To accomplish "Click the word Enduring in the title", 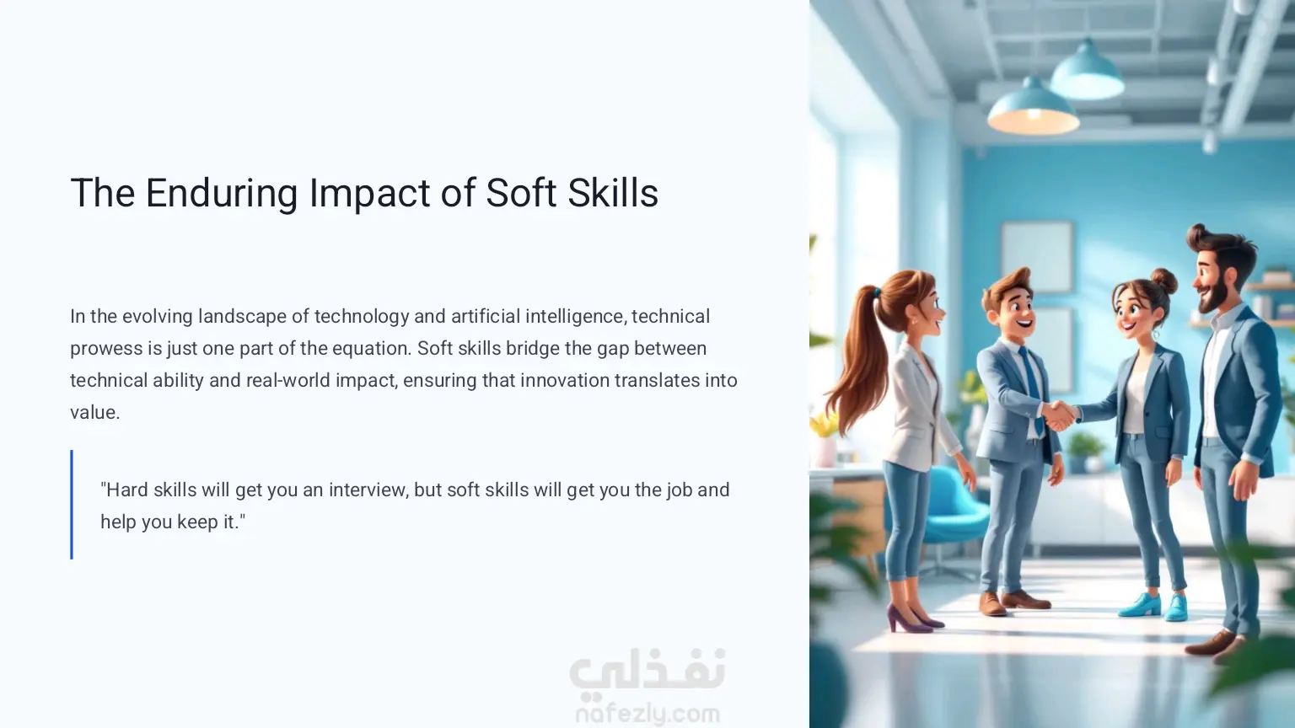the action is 222,194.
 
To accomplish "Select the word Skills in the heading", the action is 613,192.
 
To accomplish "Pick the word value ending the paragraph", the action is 94,413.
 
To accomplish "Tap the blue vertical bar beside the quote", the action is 72,505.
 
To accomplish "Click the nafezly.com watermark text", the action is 648,715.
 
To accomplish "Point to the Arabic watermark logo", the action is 647,672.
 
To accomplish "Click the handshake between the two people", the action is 1060,415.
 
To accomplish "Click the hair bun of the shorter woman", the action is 1163,281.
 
